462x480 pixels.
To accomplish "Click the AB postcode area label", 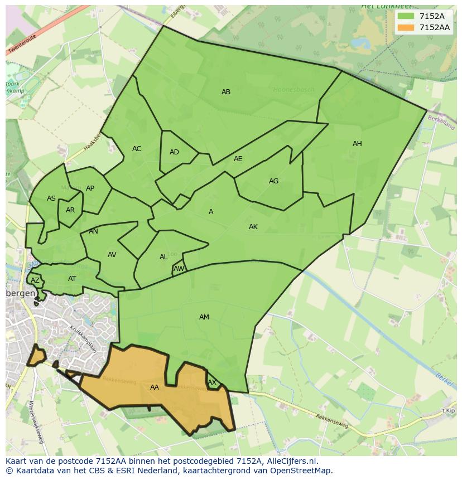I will tap(226, 92).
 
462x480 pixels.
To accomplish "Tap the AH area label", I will tap(357, 144).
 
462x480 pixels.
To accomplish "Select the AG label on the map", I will tap(273, 181).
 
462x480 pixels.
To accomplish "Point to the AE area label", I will tap(238, 159).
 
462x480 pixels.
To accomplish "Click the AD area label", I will tap(174, 152).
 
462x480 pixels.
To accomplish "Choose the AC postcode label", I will tap(137, 149).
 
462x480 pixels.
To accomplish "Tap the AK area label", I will tap(253, 227).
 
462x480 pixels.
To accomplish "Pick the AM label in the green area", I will tap(204, 317).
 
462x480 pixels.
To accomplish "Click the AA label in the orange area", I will tap(155, 387).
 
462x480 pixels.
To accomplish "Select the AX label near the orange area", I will tap(212, 382).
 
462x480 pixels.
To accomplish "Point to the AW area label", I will tap(179, 269).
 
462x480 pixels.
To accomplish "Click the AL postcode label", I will tap(163, 257).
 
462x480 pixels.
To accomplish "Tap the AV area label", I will tap(112, 255).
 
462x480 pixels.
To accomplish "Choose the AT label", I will tap(72, 279).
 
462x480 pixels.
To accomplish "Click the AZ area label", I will tap(35, 280).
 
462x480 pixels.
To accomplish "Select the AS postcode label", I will tap(51, 198).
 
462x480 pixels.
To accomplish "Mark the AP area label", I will tap(90, 188).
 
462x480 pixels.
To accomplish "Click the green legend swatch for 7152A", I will tap(406, 16).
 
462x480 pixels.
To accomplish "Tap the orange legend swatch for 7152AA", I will tap(406, 27).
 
